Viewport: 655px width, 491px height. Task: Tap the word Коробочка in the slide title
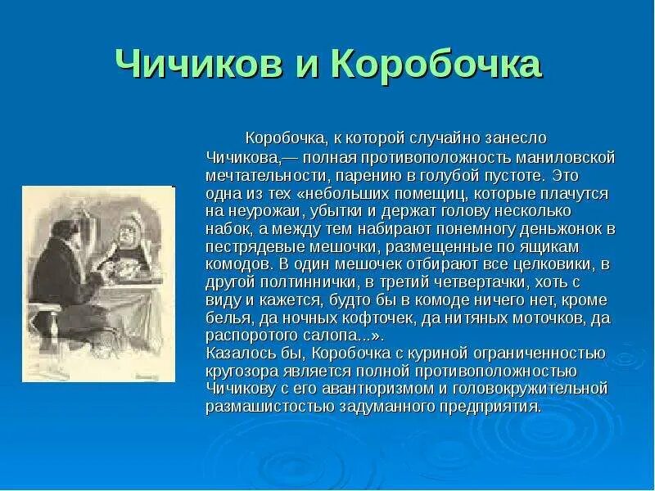pyautogui.click(x=436, y=65)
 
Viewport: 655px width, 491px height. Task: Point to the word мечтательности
pyautogui.click(x=259, y=174)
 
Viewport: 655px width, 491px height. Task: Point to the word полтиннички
pyautogui.click(x=294, y=282)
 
